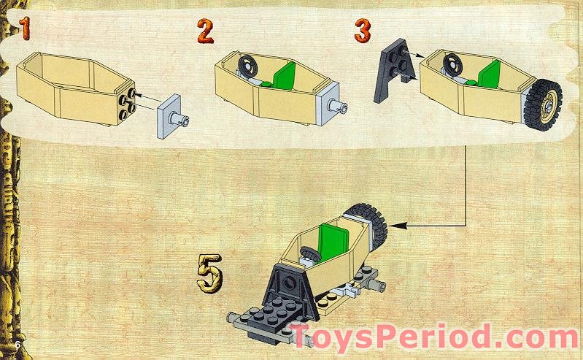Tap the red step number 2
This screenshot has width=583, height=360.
206,30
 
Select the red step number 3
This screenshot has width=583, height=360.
362,30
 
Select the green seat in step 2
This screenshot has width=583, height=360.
283,75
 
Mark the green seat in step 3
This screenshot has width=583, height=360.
488,74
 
